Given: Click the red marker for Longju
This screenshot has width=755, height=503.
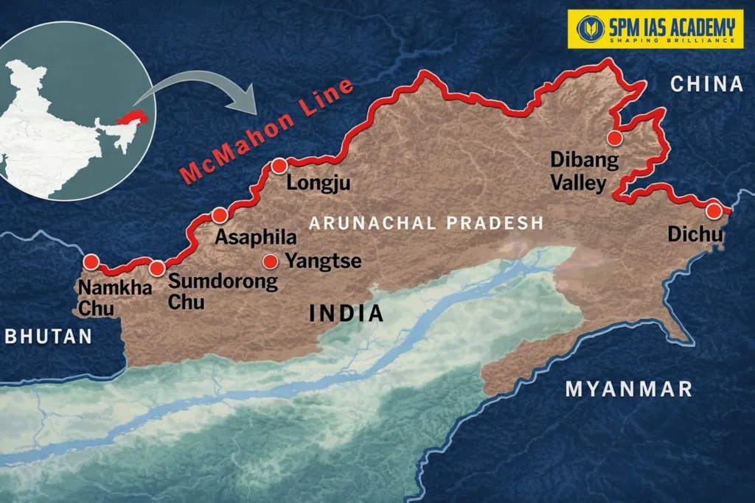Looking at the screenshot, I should coord(279,166).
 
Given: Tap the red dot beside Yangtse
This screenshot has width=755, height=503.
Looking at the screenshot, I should coord(271,261).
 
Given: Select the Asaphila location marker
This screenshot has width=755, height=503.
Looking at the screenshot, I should coord(219,215).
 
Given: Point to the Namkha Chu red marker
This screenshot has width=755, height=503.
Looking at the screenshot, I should coord(91,261).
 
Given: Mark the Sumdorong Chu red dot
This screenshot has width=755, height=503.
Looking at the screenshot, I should coord(157,268).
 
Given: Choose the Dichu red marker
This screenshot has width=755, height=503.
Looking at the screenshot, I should coord(713,211).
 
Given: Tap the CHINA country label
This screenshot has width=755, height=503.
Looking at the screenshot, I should coord(706,84).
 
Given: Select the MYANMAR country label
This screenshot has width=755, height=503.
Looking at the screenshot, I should coord(628,389).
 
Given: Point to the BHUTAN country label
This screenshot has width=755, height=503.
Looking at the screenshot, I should coord(49,337).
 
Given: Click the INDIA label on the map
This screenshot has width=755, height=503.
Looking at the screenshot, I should coord(347,313).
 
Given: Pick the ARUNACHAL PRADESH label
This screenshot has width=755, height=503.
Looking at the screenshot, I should coord(426,222).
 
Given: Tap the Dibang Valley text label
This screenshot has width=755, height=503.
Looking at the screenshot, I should coord(578,172).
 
